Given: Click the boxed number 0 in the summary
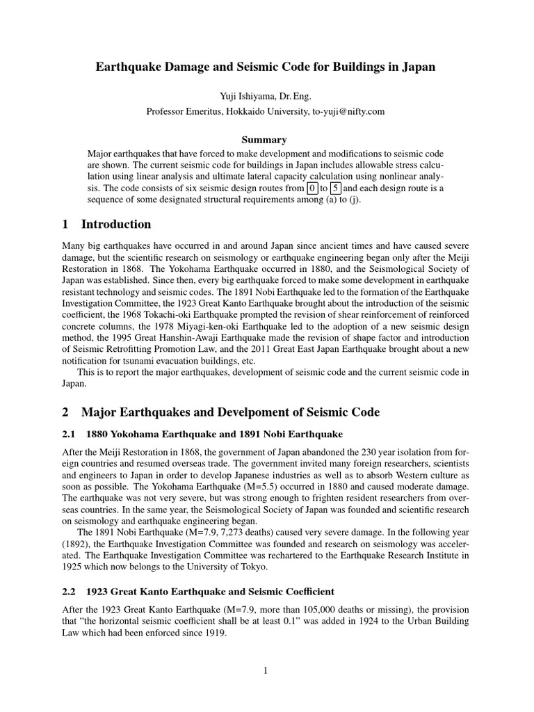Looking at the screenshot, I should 313,188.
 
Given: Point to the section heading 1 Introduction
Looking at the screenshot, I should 106,225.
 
